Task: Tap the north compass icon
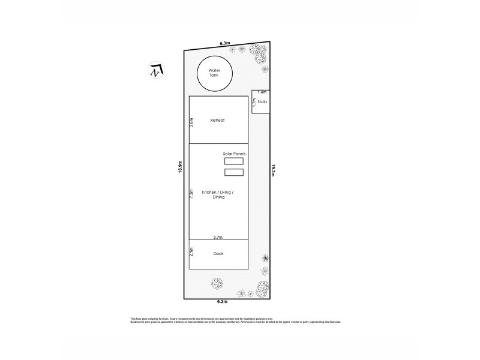(155, 70)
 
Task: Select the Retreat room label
(217, 121)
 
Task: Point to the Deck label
(218, 254)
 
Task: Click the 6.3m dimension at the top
(225, 44)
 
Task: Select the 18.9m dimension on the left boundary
(179, 167)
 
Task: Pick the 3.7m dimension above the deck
(218, 238)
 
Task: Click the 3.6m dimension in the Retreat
(191, 122)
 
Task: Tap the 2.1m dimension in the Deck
(191, 252)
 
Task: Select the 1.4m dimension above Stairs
(262, 92)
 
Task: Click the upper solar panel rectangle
(234, 161)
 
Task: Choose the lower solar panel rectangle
(234, 173)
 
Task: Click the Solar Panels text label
(235, 154)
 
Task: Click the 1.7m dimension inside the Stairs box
(254, 103)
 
